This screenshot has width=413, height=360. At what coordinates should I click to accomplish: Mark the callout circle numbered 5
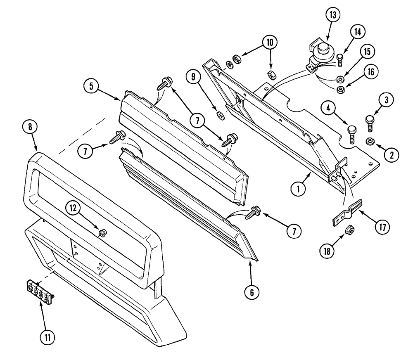(x=92, y=86)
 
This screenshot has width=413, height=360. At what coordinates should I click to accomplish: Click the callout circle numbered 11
(x=47, y=337)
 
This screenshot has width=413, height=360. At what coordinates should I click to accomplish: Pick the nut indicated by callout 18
(x=349, y=239)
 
